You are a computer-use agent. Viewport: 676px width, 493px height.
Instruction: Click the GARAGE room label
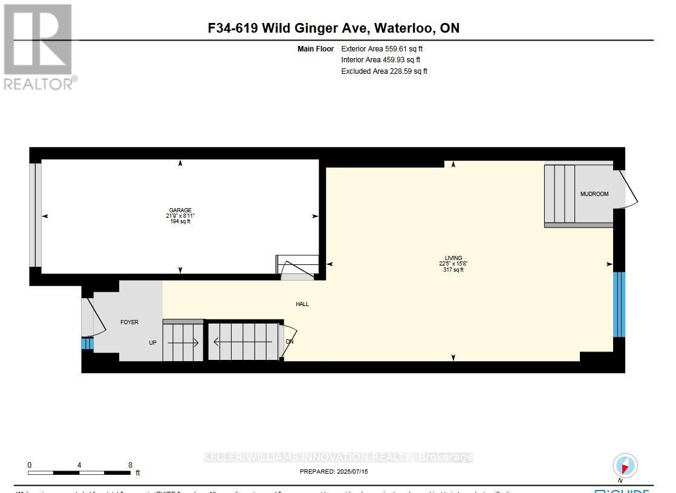click(180, 211)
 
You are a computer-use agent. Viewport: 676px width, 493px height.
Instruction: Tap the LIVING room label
click(453, 258)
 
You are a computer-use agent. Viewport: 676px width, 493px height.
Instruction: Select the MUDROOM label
click(594, 194)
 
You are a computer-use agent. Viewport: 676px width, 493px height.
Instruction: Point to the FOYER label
click(129, 322)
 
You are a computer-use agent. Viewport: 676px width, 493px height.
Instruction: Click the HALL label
click(302, 304)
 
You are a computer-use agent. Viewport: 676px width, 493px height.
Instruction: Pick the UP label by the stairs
click(153, 342)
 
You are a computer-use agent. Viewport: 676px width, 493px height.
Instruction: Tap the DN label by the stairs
click(289, 342)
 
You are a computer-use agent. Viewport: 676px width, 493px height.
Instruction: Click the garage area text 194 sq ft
click(180, 222)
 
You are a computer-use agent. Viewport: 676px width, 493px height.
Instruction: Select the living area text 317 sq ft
click(453, 270)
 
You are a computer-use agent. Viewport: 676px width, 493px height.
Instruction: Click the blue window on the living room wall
click(619, 304)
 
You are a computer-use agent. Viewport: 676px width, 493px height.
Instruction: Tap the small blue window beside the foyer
click(87, 344)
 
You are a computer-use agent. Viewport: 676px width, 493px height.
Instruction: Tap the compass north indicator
click(625, 466)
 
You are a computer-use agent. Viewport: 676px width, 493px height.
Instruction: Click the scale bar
click(79, 472)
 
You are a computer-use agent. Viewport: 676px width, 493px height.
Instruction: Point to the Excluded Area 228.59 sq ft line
click(384, 71)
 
